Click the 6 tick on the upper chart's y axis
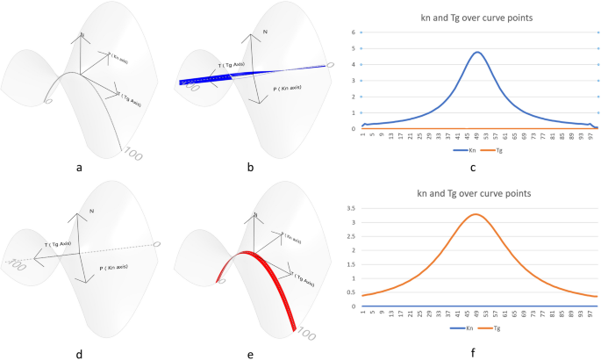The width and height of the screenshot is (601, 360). click(352, 32)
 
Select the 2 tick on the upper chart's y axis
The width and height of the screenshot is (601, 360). click(352, 97)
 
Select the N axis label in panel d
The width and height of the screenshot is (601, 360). click(90, 212)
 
